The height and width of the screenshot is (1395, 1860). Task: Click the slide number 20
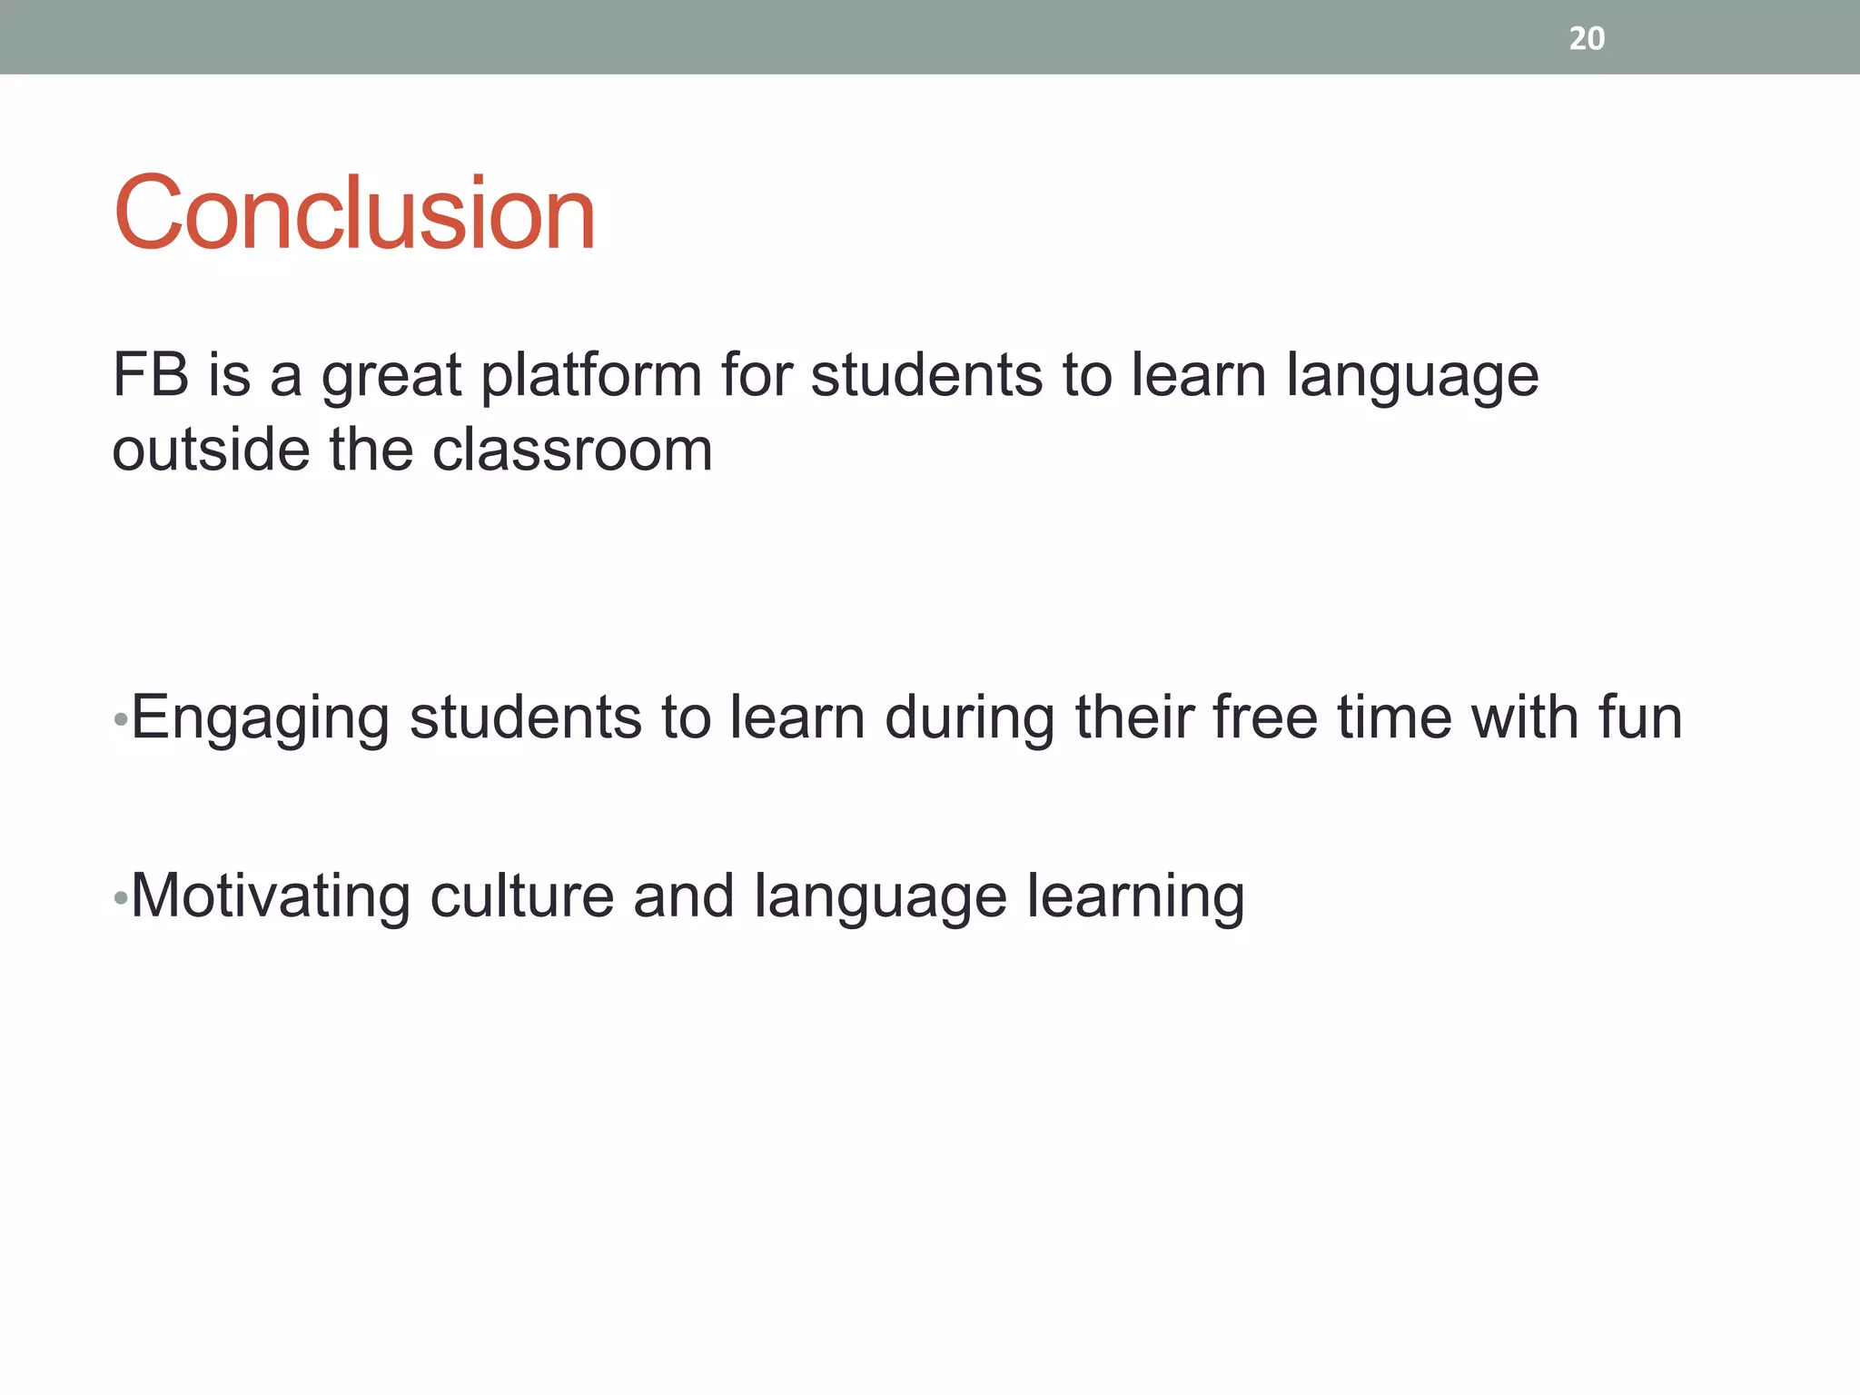1587,38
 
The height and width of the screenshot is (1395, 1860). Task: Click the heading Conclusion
354,213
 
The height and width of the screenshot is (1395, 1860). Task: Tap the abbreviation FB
150,374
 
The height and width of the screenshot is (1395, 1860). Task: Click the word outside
210,450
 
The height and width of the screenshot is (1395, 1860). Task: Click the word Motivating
271,897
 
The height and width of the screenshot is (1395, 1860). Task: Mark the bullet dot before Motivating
120,899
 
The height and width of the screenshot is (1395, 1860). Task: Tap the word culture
521,897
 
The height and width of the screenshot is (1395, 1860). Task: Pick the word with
1525,717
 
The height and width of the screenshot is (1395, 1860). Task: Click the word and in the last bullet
683,897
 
